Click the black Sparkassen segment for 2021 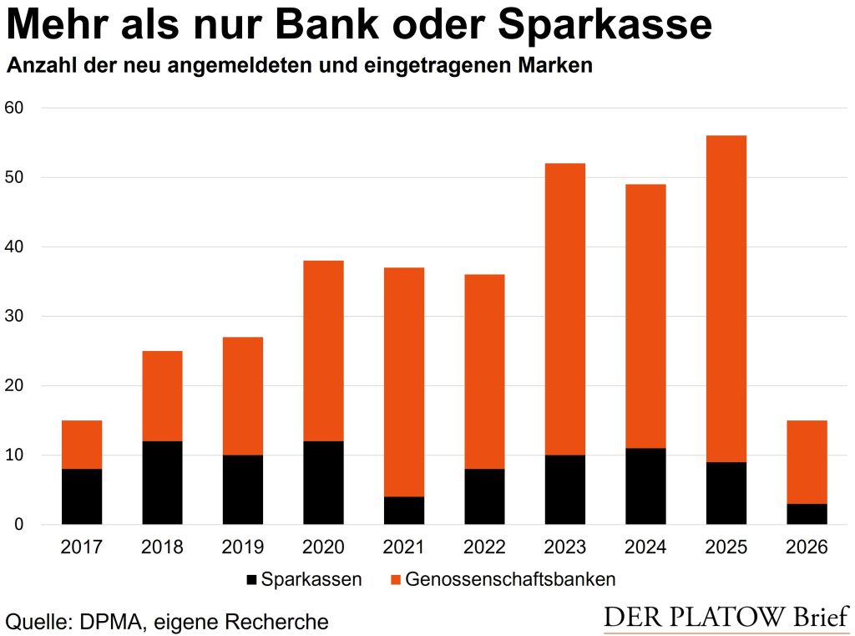404,511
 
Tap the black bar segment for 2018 162,482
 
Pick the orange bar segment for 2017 82,445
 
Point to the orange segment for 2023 565,309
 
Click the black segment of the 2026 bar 807,514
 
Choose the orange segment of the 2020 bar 323,351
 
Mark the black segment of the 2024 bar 645,486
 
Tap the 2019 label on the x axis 243,548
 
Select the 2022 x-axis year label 484,548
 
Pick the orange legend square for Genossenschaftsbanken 395,579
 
